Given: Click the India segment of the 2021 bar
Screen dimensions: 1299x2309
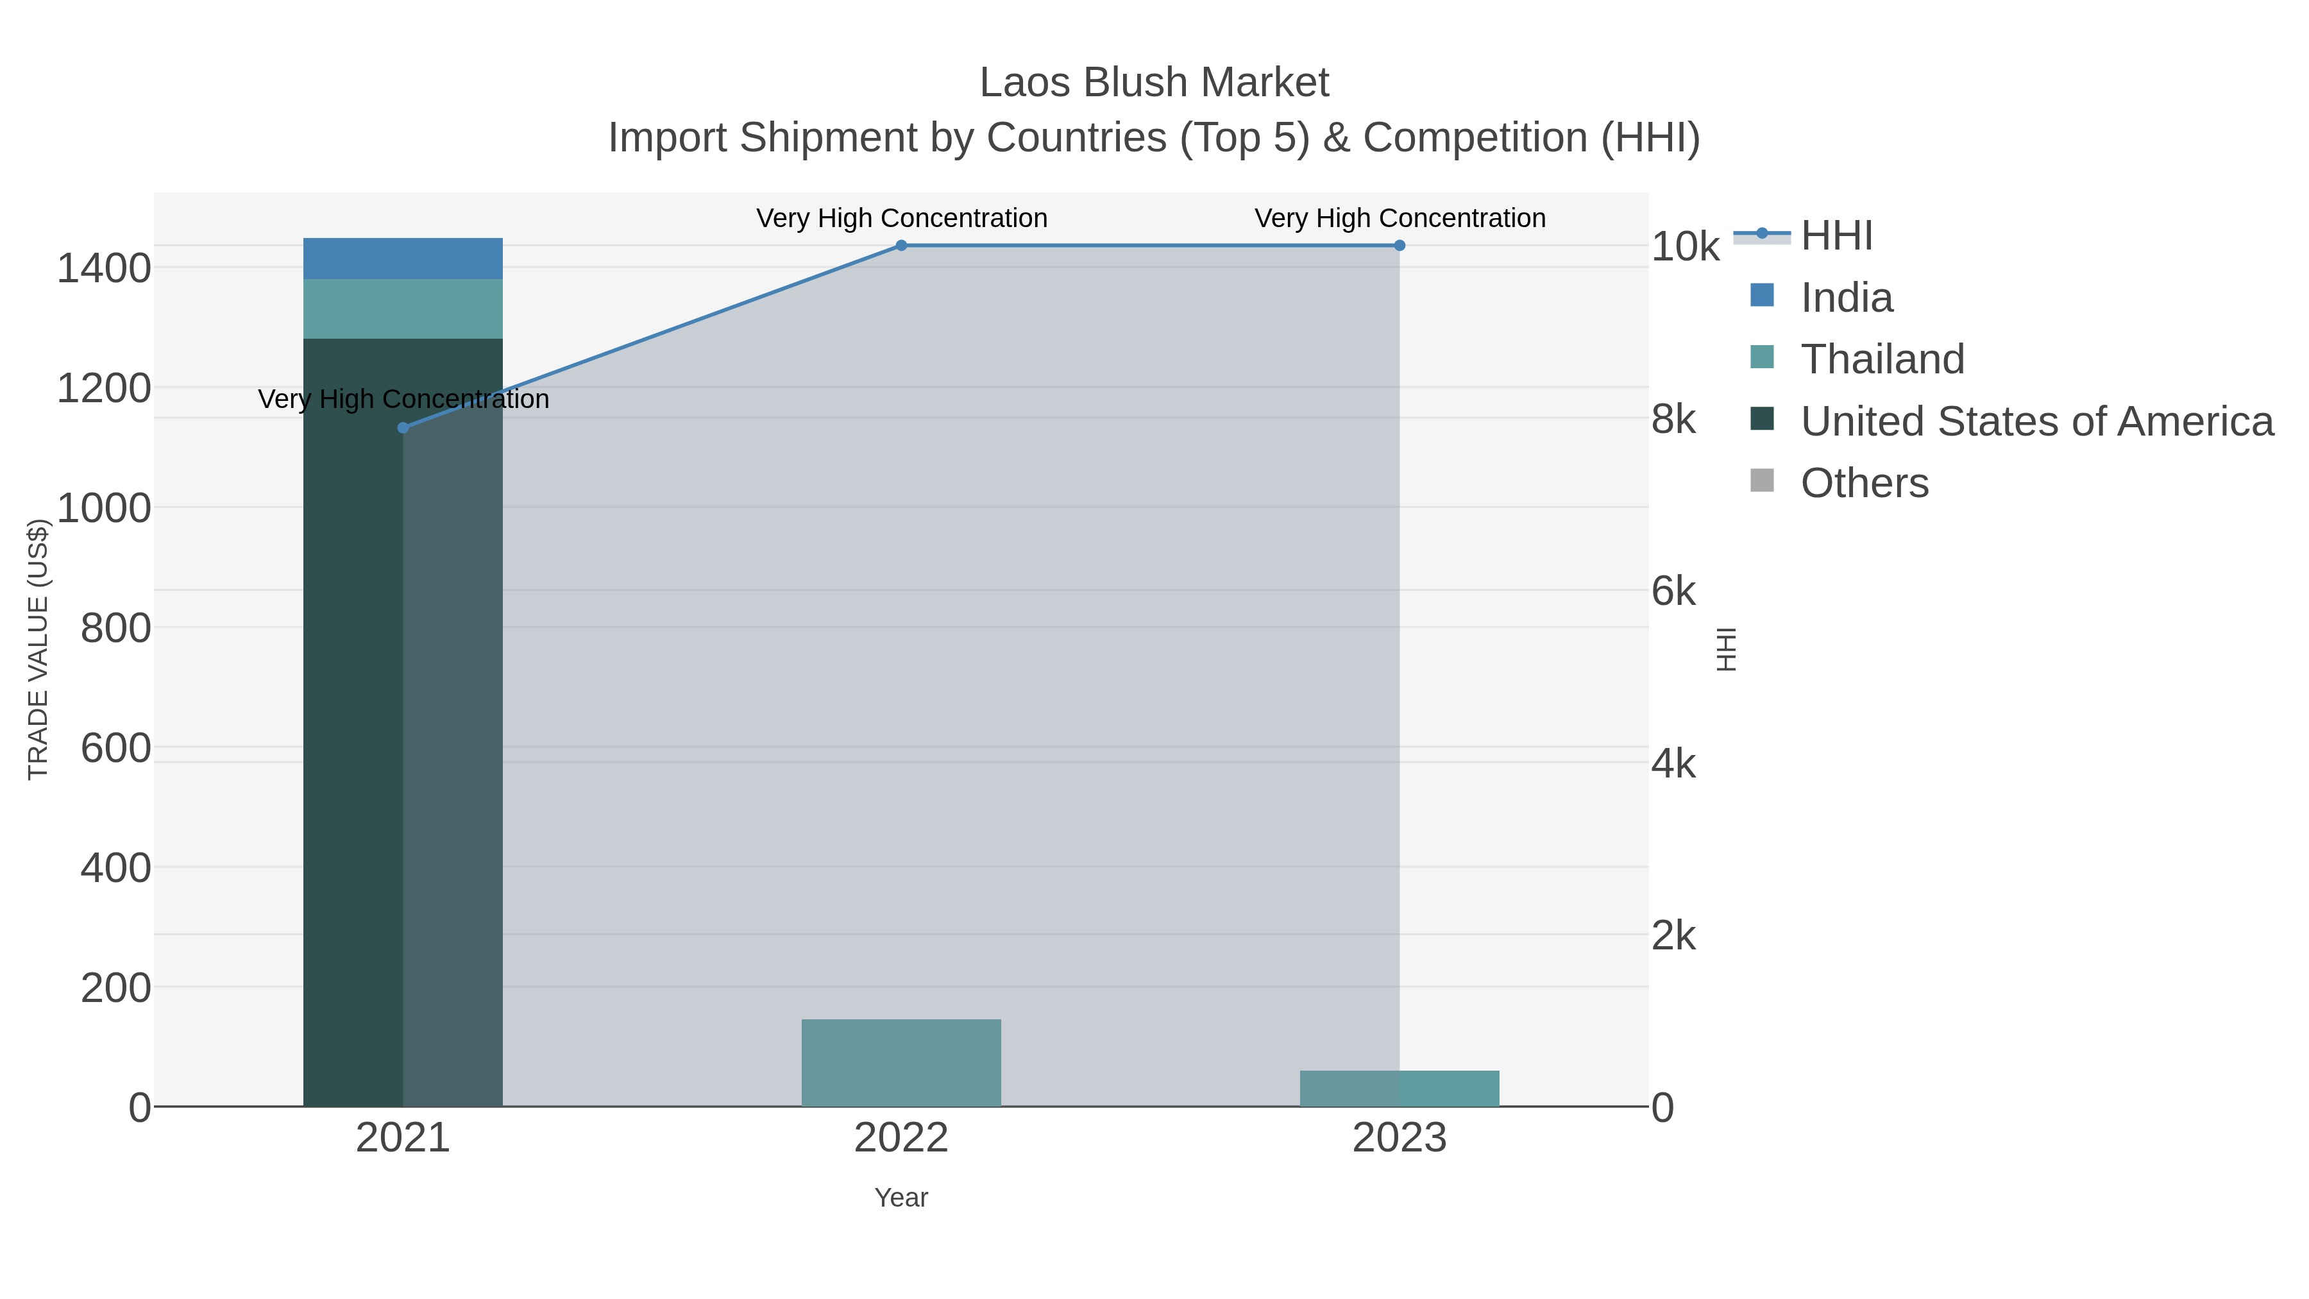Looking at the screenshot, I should (402, 258).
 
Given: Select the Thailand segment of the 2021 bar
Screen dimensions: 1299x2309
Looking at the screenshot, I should (402, 309).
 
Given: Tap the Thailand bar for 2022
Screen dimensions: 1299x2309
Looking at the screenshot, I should (901, 1062).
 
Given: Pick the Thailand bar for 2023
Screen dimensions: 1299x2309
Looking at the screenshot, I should (1400, 1089).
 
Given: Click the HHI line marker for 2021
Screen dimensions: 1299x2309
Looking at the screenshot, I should (402, 428).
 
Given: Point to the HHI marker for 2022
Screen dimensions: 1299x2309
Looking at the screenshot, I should (901, 246).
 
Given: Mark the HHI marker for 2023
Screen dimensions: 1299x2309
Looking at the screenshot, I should (1400, 246).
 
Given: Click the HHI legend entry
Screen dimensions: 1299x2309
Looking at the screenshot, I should (1836, 236).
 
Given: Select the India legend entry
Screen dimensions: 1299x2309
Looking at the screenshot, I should (1847, 298).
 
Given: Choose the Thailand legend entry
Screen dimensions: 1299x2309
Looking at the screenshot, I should (1881, 359).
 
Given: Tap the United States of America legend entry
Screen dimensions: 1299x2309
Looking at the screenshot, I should (2036, 421).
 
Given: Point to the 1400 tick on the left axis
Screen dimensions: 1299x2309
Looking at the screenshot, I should (103, 268).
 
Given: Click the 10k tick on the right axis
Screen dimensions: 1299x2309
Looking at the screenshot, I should (1685, 248).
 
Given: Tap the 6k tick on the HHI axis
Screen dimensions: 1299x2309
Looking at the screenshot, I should (1673, 591).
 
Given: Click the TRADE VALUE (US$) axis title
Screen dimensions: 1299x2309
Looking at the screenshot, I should (38, 649).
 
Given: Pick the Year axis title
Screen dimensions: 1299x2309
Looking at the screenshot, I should (901, 1198).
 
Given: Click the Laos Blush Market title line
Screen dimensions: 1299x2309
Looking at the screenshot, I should (1154, 83).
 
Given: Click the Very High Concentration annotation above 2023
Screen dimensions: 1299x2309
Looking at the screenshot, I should (1400, 218).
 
